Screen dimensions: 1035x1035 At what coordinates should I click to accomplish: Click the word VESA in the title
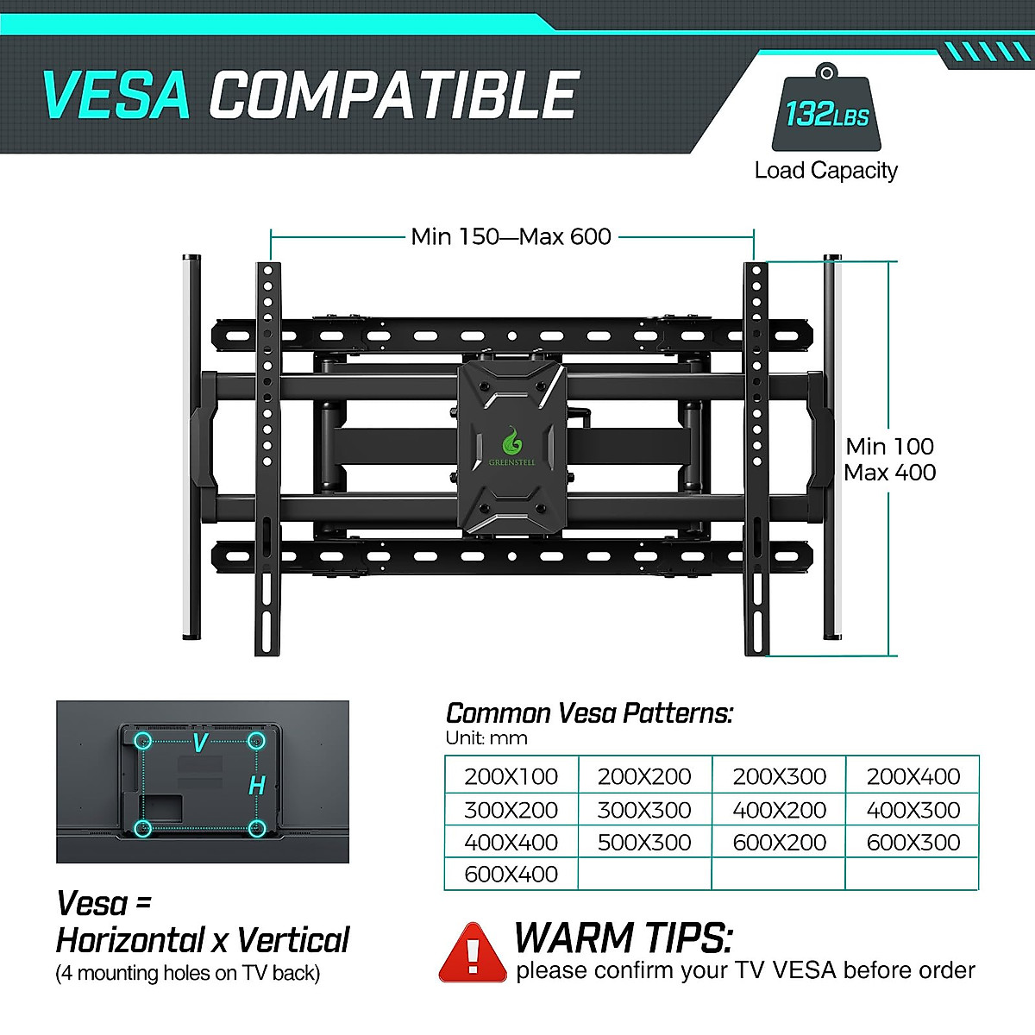click(x=116, y=95)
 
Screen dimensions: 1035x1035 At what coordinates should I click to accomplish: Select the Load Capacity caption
click(x=825, y=171)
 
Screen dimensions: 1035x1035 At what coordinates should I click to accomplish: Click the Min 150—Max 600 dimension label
click(x=511, y=236)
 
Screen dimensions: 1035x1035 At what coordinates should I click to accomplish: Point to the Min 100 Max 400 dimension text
click(x=890, y=459)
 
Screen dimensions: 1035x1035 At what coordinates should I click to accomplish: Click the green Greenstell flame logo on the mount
click(x=512, y=442)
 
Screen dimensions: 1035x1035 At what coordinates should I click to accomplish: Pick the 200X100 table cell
click(x=511, y=776)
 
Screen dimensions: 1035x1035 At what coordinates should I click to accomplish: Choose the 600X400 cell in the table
click(x=511, y=874)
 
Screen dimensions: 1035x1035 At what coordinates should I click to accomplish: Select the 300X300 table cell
click(x=644, y=810)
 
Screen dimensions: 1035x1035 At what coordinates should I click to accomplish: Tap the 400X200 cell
click(x=779, y=810)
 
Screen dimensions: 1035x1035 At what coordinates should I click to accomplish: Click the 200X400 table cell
click(x=913, y=776)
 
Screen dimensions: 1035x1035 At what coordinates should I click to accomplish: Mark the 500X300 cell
click(x=644, y=842)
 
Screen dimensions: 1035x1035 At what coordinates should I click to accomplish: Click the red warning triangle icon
click(x=472, y=953)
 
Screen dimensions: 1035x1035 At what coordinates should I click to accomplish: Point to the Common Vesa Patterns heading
click(x=589, y=714)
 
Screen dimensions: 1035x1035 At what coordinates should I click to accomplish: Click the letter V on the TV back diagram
click(x=199, y=743)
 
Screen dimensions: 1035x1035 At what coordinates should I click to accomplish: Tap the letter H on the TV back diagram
click(x=256, y=786)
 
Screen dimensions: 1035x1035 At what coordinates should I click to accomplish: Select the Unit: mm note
click(x=486, y=738)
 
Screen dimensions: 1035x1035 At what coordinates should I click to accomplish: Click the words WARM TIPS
click(x=623, y=938)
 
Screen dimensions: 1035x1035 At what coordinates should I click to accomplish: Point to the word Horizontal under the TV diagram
click(x=129, y=940)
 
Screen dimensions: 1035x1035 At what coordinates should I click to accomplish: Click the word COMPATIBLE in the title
click(x=393, y=95)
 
